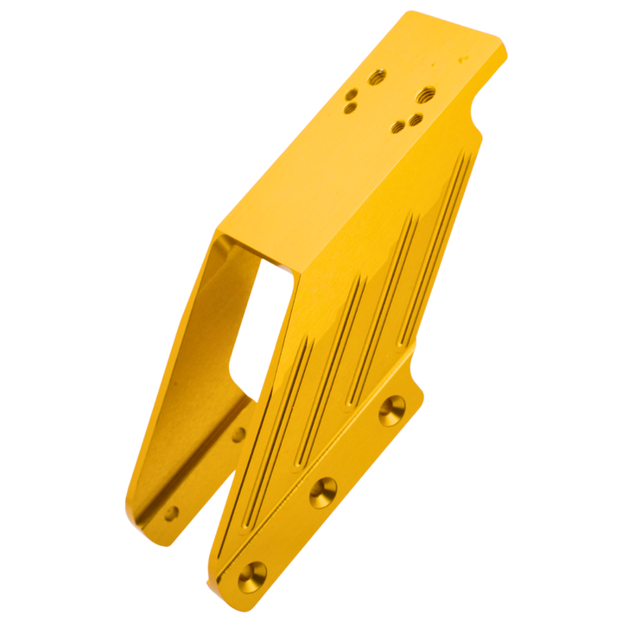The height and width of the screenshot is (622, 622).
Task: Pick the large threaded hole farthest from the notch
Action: pyautogui.click(x=376, y=78)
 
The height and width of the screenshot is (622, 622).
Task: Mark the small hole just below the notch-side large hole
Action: pyautogui.click(x=416, y=117)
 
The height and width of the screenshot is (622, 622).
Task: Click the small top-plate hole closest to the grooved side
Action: pyautogui.click(x=399, y=127)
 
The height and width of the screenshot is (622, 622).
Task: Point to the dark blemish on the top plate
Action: pyautogui.click(x=465, y=59)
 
